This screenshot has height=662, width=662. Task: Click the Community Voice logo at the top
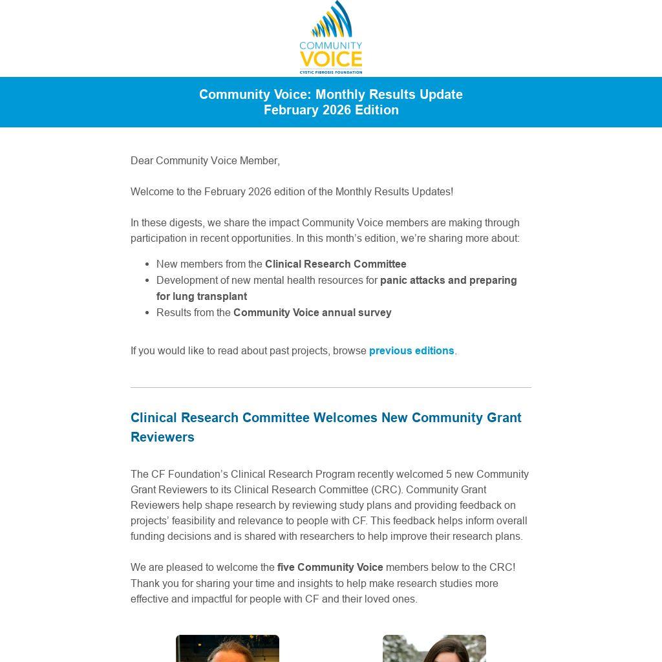[x=330, y=37]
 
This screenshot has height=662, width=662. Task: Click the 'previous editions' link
[x=411, y=351]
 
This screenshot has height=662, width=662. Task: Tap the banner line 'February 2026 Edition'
[x=331, y=111]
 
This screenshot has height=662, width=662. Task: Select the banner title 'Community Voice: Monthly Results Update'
[x=331, y=94]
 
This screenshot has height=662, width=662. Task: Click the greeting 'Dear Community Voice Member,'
[x=205, y=161]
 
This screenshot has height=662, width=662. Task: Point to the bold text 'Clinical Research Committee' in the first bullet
[x=336, y=264]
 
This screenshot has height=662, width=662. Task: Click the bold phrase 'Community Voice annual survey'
[x=312, y=313]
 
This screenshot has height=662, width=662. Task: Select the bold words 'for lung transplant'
[x=202, y=297]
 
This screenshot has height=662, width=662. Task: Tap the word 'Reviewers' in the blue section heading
[x=162, y=437]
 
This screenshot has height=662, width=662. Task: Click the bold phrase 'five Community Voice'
[x=330, y=568]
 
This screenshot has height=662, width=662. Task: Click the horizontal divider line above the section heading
[x=331, y=388]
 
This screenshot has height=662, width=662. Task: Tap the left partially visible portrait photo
[x=228, y=648]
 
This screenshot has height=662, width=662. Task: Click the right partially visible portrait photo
[x=434, y=648]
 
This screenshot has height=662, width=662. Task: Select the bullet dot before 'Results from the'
[x=148, y=313]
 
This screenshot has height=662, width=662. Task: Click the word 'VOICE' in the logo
[x=330, y=59]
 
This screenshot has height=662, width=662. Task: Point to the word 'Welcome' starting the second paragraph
[x=151, y=192]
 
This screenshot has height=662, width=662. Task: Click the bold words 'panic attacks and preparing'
[x=448, y=281]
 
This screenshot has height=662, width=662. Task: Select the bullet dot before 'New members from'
[x=148, y=264]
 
